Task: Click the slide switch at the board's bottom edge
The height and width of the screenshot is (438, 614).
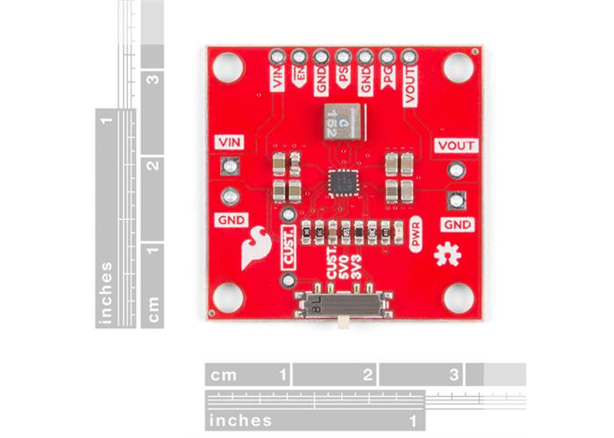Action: coord(341,306)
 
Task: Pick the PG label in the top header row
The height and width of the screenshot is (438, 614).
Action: coord(387,82)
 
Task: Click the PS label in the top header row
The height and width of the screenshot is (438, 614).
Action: coord(344,81)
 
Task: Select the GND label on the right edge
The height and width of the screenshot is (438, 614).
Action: coord(456,225)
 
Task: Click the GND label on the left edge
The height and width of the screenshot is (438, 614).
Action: coord(229,219)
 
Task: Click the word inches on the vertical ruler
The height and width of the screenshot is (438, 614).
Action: coord(107,293)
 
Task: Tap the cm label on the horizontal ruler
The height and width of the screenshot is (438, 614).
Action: coord(224,375)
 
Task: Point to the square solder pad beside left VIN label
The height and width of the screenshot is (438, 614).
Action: coord(231,165)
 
